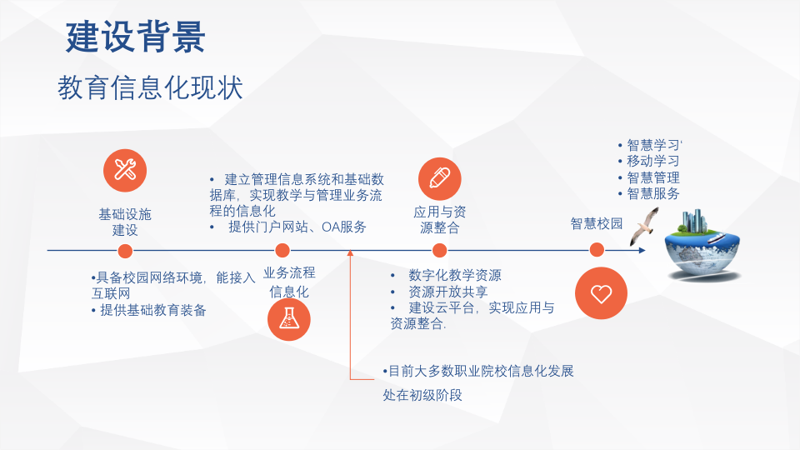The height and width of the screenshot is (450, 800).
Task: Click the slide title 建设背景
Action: (x=136, y=37)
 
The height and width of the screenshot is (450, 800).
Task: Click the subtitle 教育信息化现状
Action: (x=150, y=87)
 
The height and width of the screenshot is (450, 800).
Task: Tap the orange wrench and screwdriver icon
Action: (x=125, y=171)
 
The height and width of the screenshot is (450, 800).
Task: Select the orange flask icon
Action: (x=288, y=319)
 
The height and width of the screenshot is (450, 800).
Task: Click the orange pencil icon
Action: (x=439, y=177)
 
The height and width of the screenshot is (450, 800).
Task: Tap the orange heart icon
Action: (x=601, y=293)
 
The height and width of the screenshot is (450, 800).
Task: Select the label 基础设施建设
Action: (x=125, y=222)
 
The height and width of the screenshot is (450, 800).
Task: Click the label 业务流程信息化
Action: (x=289, y=282)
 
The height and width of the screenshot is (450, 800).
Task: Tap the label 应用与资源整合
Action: (x=440, y=219)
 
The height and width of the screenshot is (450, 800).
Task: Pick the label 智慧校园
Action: (x=597, y=223)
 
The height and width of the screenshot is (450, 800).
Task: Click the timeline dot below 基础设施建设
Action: (x=125, y=250)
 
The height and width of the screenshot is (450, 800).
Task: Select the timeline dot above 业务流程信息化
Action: (x=282, y=250)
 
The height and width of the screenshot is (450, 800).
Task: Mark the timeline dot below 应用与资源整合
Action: (x=440, y=250)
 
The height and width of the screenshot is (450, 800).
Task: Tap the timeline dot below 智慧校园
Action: (x=597, y=250)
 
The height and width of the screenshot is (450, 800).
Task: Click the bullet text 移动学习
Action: (x=652, y=161)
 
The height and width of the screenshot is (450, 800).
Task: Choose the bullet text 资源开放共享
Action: (x=447, y=292)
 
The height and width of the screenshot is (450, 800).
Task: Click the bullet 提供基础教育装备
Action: (x=149, y=310)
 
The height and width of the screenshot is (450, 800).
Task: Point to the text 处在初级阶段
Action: (x=422, y=395)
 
